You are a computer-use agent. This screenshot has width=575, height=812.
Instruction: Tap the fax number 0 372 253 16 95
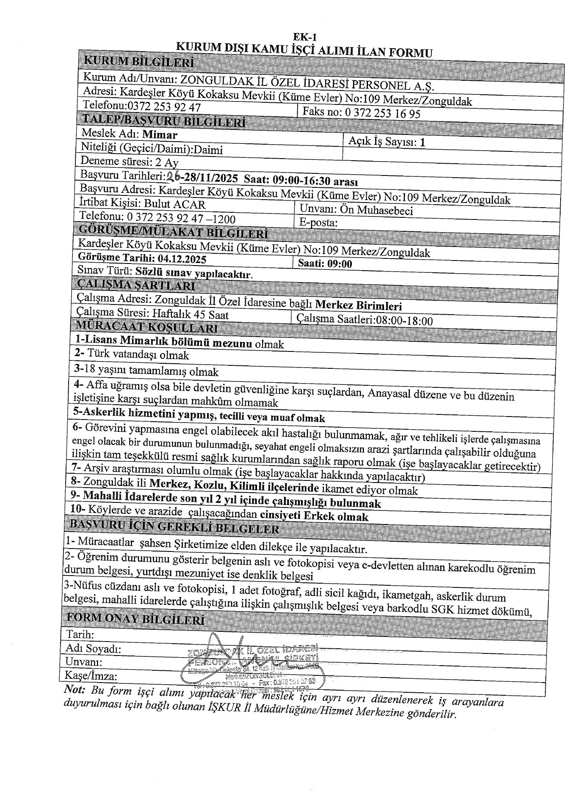click(383, 113)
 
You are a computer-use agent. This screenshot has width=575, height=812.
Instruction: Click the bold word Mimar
click(160, 135)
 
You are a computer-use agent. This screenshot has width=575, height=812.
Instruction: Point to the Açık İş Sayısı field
click(387, 142)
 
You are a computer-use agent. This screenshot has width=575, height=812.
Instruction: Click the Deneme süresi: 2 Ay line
click(129, 162)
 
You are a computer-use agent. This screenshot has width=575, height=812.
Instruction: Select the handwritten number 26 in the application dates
click(173, 177)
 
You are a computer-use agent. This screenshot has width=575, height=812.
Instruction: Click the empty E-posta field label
click(318, 222)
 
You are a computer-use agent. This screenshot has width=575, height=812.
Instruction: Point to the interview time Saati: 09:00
click(325, 264)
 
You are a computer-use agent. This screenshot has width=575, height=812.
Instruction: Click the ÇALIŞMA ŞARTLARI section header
click(135, 286)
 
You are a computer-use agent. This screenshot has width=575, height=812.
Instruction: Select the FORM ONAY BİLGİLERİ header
click(135, 620)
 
